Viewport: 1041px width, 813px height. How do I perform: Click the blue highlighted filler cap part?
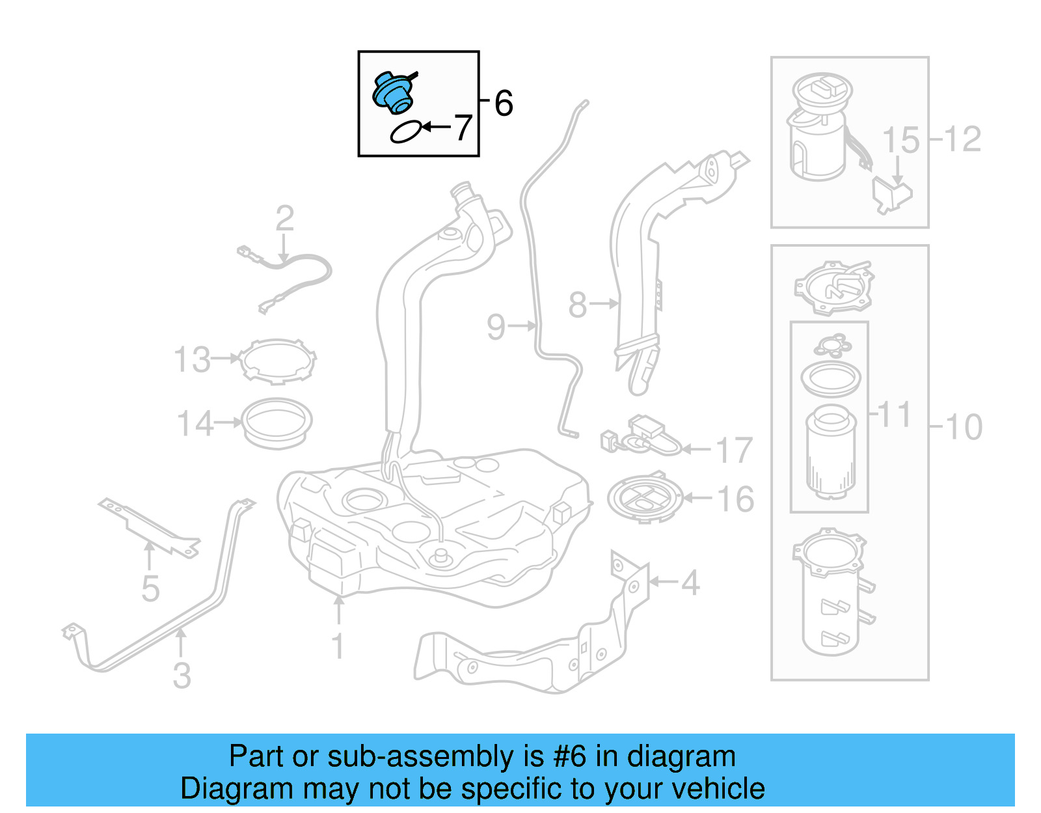pyautogui.click(x=392, y=93)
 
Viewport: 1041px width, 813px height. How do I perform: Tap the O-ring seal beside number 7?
pyautogui.click(x=405, y=132)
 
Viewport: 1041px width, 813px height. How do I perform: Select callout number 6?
pyautogui.click(x=504, y=103)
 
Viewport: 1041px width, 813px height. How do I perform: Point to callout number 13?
pyautogui.click(x=192, y=359)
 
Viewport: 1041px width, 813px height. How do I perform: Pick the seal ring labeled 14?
pyautogui.click(x=277, y=422)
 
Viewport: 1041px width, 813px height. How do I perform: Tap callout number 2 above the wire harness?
pyautogui.click(x=285, y=219)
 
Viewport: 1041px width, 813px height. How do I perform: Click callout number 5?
pyautogui.click(x=150, y=588)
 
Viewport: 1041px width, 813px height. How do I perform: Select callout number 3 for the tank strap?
pyautogui.click(x=182, y=675)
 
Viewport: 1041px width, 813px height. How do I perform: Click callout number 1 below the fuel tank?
pyautogui.click(x=338, y=646)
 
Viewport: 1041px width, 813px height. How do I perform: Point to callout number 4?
pyautogui.click(x=690, y=583)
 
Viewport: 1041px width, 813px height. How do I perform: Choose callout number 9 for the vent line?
pyautogui.click(x=496, y=327)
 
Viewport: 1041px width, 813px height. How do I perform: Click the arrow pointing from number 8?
pyautogui.click(x=604, y=303)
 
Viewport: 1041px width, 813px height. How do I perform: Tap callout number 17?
pyautogui.click(x=734, y=450)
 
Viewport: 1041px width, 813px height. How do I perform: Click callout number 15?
pyautogui.click(x=900, y=141)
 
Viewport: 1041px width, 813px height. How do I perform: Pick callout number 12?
pyautogui.click(x=962, y=139)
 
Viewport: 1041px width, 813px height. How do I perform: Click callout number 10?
pyautogui.click(x=964, y=428)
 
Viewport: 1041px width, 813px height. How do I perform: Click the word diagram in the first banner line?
pyautogui.click(x=681, y=756)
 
